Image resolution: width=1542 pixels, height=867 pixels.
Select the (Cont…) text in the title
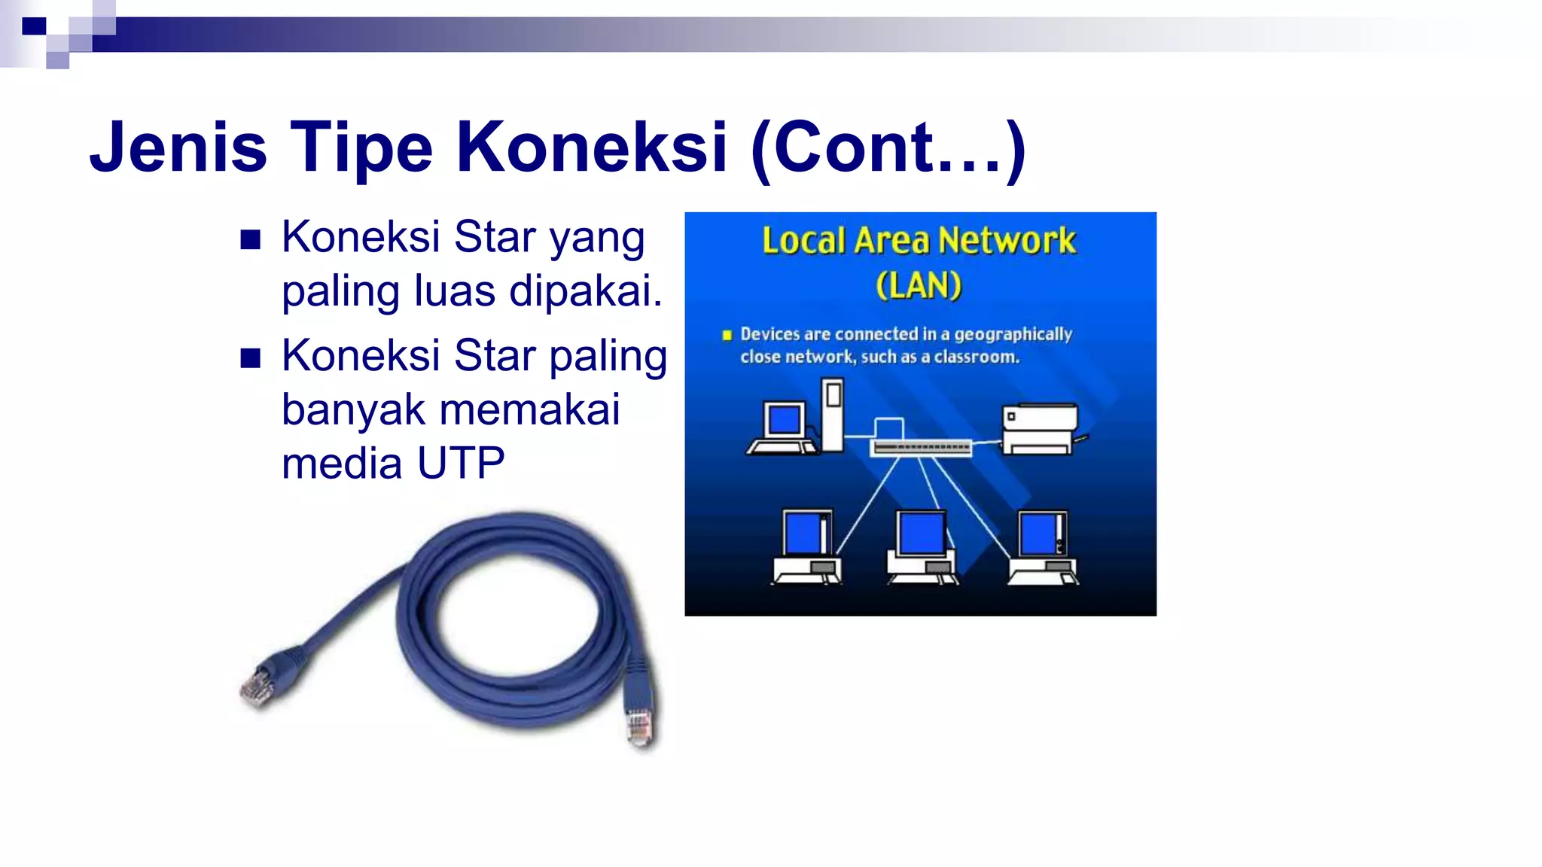click(888, 148)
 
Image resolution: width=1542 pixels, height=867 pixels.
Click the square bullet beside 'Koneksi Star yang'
click(250, 240)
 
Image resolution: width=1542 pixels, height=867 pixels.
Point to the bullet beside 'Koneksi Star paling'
click(250, 358)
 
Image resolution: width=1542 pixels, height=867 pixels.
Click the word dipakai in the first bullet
click(585, 291)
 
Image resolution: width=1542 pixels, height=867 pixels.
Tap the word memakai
click(529, 410)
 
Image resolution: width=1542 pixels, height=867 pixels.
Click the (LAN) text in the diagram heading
click(919, 286)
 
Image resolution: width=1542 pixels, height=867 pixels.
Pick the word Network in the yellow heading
click(1007, 241)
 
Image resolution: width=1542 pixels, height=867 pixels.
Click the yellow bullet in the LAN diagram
click(727, 336)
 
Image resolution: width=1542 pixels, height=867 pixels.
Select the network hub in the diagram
click(921, 447)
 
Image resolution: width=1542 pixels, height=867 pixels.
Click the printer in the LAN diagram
click(1041, 429)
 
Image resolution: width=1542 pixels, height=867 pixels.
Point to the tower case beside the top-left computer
click(833, 414)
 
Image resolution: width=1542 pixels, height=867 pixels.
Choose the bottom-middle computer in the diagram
click(922, 547)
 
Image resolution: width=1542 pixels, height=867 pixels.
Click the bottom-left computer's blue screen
click(803, 533)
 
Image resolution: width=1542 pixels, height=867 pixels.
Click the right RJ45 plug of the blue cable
click(639, 726)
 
